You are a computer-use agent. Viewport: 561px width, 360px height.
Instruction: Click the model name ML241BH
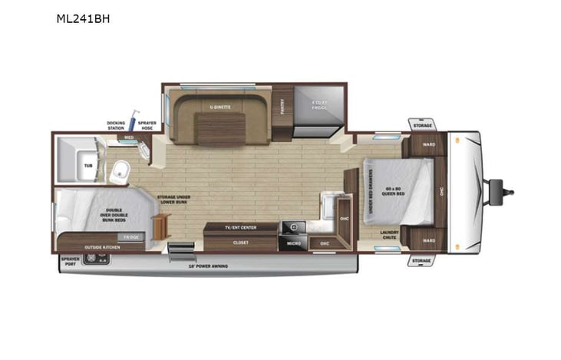coord(83,18)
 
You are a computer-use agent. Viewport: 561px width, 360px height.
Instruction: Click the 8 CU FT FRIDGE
coord(318,107)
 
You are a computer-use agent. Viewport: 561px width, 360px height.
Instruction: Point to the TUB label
coord(88,164)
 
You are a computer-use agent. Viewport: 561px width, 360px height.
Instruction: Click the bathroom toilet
coord(120,172)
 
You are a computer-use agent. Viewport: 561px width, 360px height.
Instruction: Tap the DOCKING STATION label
coord(117,125)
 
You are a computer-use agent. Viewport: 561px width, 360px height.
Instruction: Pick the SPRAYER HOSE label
coord(147,125)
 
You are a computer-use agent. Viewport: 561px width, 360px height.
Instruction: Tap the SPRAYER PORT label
coord(70,262)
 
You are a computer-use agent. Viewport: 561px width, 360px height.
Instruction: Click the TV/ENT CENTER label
coord(239,228)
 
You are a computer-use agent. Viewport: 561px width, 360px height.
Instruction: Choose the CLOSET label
coord(240,243)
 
